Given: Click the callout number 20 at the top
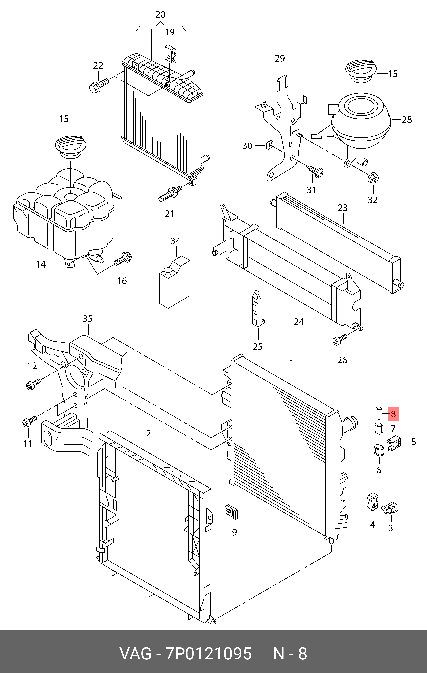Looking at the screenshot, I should [160, 15].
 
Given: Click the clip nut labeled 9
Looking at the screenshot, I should [231, 511].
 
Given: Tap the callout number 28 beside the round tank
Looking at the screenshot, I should [407, 120].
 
